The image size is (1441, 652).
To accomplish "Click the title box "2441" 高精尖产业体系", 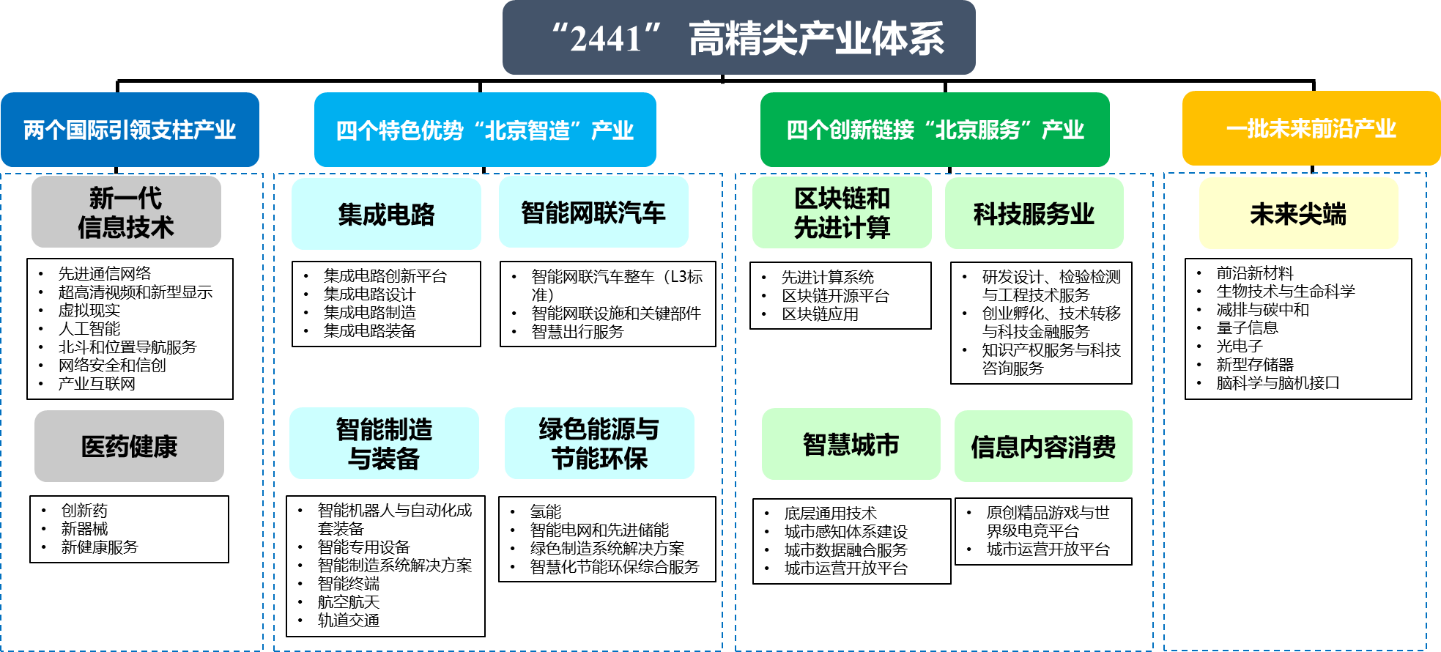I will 738,37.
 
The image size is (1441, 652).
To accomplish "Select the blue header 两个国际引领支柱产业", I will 130,130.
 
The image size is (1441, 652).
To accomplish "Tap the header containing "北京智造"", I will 485,130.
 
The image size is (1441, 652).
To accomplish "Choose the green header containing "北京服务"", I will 935,130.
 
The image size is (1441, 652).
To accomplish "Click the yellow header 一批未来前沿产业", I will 1311,128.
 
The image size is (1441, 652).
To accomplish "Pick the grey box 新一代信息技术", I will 126,212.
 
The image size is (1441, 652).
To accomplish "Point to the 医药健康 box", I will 129,445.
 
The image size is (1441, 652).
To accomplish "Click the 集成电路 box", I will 386,214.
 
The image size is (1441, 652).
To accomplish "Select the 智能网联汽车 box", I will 593,212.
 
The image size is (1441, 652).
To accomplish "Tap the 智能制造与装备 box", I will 384,443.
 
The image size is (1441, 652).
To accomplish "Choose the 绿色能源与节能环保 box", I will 599,443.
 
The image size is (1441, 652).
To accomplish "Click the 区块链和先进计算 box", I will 842,212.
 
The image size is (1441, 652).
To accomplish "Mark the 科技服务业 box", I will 1034,213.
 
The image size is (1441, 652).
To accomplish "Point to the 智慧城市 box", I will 851,444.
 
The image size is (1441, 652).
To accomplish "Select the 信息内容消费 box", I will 1043,446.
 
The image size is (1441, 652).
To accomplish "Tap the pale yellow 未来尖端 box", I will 1298,213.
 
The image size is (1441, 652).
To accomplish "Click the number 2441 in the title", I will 606,39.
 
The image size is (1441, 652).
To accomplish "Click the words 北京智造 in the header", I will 527,130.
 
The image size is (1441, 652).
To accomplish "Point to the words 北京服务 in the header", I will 978,130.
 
